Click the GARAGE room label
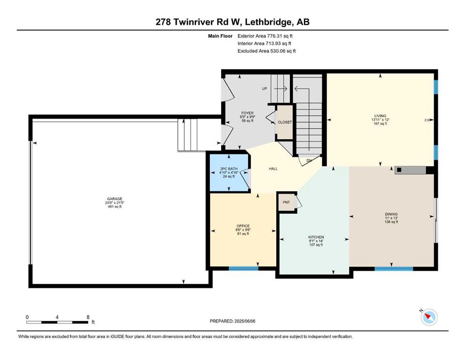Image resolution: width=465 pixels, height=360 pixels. pos(114,199)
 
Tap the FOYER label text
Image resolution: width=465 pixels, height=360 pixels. pos(247,113)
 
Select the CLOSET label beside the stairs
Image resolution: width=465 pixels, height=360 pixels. pos(285,122)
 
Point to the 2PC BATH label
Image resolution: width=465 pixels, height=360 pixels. pos(229,169)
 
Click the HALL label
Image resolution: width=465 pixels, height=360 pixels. pos(273,169)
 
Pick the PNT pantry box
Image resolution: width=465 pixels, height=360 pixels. pos(286,202)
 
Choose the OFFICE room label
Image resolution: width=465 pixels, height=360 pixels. pos(243,226)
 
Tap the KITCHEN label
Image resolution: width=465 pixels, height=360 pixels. pos(316,237)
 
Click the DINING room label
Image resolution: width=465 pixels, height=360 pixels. pos(391,214)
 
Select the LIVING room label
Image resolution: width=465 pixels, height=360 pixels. pos(380,116)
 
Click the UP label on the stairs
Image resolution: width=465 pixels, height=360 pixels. pos(265,89)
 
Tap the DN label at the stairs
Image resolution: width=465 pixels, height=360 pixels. pos(309,160)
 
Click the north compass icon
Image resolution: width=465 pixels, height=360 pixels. pos(429,317)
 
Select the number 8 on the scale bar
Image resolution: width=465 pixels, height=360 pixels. pos(88,317)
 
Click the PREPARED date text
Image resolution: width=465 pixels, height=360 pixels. pos(232,321)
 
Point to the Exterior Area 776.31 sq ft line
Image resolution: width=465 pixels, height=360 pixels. pos(265,36)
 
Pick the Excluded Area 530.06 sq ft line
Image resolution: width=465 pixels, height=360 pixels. pos(266,51)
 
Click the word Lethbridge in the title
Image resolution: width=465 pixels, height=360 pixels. pos(267,22)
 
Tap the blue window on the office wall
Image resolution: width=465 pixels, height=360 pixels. pos(244,268)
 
